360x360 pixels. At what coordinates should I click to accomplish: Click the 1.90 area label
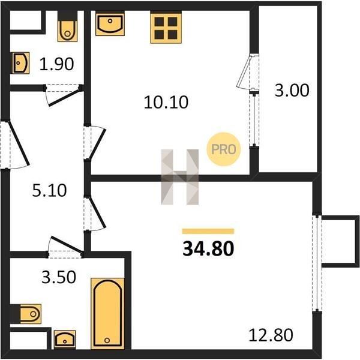click(x=57, y=64)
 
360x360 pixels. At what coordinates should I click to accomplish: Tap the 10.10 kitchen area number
click(x=166, y=102)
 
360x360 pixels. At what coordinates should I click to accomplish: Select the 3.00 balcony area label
click(x=292, y=90)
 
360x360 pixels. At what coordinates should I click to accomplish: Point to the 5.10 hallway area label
click(x=49, y=190)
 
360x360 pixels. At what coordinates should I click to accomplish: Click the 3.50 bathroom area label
click(x=59, y=277)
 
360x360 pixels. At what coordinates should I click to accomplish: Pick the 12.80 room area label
click(x=271, y=335)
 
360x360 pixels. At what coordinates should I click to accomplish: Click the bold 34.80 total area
click(x=208, y=249)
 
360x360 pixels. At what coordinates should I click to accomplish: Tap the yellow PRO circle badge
click(x=224, y=149)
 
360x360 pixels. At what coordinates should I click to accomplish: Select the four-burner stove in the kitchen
click(x=166, y=28)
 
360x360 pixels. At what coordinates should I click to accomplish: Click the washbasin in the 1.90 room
click(x=20, y=63)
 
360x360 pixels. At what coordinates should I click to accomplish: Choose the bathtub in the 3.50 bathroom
click(x=107, y=313)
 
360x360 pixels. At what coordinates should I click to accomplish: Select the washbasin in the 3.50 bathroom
click(x=65, y=340)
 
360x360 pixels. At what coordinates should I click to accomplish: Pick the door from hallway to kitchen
click(x=98, y=144)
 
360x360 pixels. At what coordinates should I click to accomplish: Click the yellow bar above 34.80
click(x=208, y=231)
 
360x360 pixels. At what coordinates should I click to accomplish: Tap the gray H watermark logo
click(x=180, y=177)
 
